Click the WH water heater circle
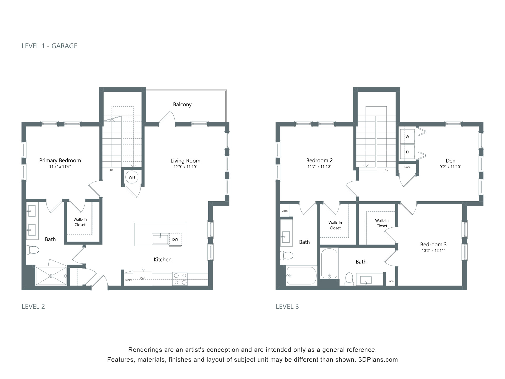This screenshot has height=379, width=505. coord(132,177)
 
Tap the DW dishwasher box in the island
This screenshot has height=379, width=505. coord(175,239)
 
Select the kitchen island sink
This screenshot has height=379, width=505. coord(160,239)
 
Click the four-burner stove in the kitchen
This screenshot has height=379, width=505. coord(180,279)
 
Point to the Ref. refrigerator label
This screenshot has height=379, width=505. coord(143,278)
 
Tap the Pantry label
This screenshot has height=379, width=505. coord(128,280)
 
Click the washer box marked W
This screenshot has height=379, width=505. coord(407,137)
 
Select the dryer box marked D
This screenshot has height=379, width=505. coord(407,152)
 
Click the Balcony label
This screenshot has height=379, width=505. coord(182,104)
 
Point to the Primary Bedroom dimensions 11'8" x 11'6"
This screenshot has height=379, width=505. coord(60,167)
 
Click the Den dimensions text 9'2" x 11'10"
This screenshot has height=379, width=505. coord(451,167)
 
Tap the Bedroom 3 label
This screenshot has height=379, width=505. coord(433,244)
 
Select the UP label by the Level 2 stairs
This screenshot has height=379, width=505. coord(112,170)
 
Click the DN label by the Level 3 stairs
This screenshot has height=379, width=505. coord(386,170)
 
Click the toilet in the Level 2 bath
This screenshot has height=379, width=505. coord(33,250)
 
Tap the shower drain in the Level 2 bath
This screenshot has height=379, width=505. coord(51,276)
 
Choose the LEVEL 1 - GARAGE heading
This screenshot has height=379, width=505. coord(49,46)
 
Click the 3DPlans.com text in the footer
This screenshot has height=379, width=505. coord(378,360)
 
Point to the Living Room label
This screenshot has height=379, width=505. coord(185,161)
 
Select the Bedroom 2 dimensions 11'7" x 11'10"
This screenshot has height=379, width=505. coord(319,167)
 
